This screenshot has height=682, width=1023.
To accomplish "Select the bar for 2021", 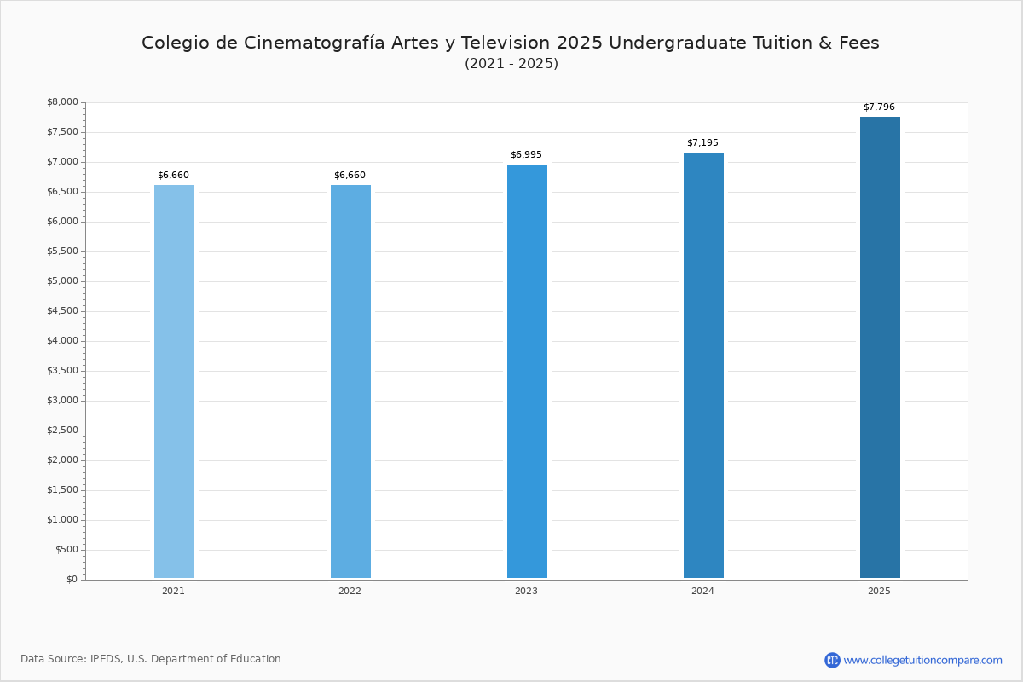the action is click(174, 381).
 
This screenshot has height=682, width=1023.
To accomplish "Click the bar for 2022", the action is click(350, 381).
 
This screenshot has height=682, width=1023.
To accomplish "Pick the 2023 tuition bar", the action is click(527, 371).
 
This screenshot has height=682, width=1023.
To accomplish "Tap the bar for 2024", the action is click(703, 365).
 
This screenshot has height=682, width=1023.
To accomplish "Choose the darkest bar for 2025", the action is click(880, 347).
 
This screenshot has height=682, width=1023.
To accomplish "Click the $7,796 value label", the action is click(879, 107).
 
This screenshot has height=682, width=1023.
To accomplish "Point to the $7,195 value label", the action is click(702, 142).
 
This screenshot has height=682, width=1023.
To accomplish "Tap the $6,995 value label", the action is click(526, 154).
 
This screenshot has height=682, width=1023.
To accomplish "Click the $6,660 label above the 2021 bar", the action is click(173, 175).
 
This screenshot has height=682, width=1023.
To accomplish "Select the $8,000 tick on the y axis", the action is click(62, 101).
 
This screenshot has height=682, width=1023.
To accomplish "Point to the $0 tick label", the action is click(72, 579).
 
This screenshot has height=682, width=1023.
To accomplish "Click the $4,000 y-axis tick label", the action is click(62, 340).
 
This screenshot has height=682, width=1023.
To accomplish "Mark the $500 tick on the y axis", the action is click(66, 550).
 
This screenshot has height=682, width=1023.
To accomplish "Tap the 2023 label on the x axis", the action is click(526, 591).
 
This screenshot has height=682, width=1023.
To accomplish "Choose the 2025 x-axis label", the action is click(879, 591).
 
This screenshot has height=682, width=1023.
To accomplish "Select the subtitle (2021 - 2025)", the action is click(511, 63).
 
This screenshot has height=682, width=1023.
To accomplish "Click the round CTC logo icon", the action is click(832, 660).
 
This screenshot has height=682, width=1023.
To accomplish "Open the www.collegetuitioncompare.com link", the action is click(922, 661).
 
